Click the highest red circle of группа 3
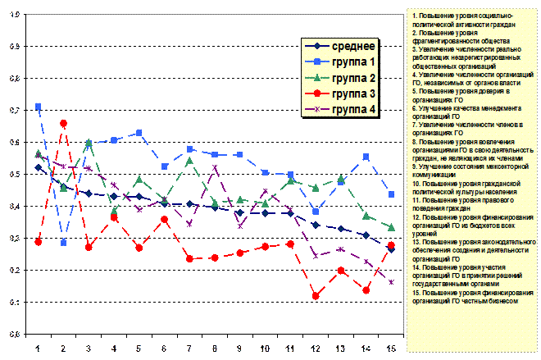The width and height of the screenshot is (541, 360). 63,123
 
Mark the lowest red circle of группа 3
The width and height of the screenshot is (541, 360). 316,295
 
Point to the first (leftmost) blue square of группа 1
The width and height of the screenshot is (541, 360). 39,107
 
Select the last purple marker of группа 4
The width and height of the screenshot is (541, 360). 391,282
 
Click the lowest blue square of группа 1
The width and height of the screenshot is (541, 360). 63,243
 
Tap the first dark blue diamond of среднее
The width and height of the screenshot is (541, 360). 39,167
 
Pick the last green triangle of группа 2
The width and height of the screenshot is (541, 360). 391,227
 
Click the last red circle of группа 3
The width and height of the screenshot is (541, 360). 391,245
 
